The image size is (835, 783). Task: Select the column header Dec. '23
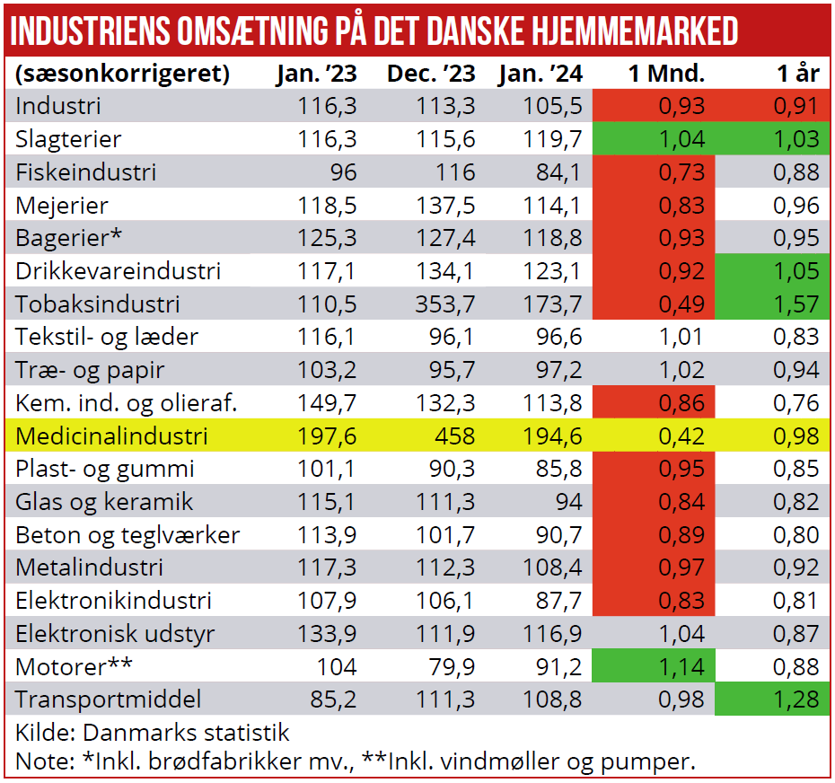point(431,73)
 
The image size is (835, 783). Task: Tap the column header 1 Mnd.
point(666,73)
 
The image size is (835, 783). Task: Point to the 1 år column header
point(798,73)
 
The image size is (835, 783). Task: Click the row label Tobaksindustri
point(98,304)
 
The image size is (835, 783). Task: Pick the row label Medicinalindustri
point(112,436)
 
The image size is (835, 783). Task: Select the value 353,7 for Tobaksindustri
point(445,304)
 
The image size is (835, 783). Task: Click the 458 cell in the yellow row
point(454,436)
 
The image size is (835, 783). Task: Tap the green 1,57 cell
point(797,304)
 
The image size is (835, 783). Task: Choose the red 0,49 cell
point(681,304)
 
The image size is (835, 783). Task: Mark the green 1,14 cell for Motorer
point(681,667)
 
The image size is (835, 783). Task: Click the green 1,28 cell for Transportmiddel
point(797,700)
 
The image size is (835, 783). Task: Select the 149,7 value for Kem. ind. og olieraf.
point(328,403)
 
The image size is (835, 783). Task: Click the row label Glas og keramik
point(104,502)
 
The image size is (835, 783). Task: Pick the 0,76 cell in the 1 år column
point(797,403)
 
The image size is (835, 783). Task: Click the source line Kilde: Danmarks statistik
point(153,733)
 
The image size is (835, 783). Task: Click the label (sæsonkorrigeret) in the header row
point(123,73)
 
